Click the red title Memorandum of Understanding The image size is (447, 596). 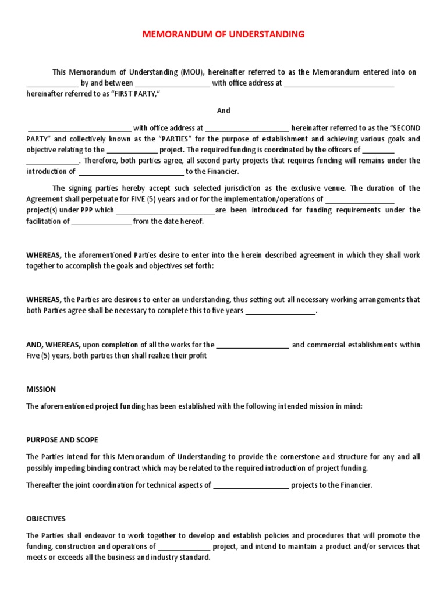click(x=223, y=34)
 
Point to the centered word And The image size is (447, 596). click(x=223, y=111)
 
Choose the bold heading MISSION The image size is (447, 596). click(x=41, y=389)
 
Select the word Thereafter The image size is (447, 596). click(x=45, y=485)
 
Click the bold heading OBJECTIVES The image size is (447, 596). click(x=46, y=519)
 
